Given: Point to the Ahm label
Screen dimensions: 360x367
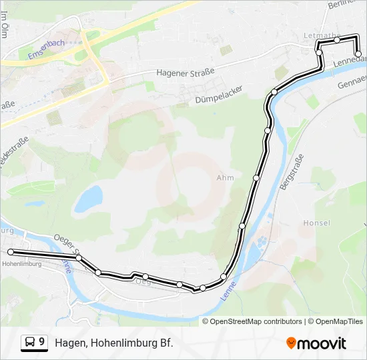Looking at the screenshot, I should click(225, 178).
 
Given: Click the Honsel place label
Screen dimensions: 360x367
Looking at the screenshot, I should click(316, 223).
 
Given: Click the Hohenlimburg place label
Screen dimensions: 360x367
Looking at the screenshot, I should click(22, 264).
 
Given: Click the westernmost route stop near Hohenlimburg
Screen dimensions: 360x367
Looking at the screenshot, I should click(11, 251).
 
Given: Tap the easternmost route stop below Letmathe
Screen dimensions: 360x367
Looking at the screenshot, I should click(358, 63).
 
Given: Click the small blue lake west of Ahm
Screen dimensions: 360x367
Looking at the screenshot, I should click(88, 199).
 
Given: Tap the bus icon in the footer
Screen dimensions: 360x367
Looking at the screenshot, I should click(29, 343).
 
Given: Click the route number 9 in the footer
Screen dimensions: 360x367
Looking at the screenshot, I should click(42, 342).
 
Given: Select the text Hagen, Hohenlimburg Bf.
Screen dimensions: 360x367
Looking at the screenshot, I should click(114, 343).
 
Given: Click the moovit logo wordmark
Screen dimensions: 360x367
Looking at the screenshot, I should click(322, 343).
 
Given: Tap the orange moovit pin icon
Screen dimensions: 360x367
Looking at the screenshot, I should click(291, 343).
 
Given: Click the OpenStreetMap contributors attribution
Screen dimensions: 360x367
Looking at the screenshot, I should click(256, 321).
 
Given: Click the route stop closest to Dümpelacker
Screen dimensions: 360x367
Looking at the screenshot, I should click(274, 92).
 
